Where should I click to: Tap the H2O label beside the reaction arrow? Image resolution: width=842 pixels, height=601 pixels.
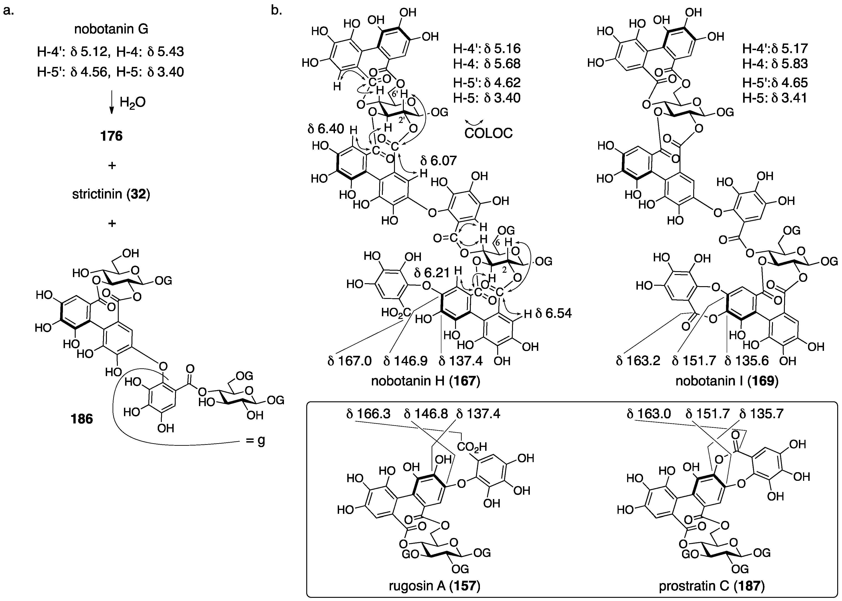[132, 102]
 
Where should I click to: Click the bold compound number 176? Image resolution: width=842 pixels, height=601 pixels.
[111, 136]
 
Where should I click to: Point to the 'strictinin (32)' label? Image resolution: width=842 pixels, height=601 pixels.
[111, 194]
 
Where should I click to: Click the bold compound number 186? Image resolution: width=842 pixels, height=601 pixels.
[82, 419]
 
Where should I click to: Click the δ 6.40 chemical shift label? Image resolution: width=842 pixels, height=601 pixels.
[326, 129]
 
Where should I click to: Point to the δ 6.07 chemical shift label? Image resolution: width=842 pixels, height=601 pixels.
[439, 161]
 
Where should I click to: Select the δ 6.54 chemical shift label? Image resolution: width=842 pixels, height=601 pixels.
[554, 313]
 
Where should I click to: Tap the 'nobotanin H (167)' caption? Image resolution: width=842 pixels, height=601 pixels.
[426, 381]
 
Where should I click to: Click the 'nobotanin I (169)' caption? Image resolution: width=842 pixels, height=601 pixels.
[727, 381]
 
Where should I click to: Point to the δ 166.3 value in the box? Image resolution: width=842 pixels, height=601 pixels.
[368, 414]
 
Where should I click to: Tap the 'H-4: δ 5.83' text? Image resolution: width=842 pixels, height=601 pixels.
[775, 64]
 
